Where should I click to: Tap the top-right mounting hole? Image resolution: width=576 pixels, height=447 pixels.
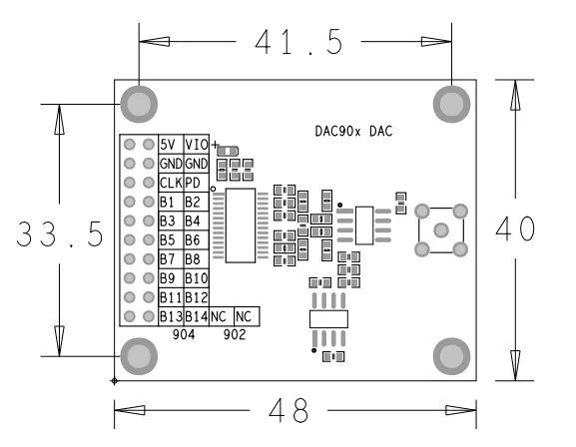[x=451, y=103]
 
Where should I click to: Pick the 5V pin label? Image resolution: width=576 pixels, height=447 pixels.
[x=169, y=145]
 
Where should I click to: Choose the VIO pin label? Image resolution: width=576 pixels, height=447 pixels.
[x=196, y=145]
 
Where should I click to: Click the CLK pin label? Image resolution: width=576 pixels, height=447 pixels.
[x=170, y=183]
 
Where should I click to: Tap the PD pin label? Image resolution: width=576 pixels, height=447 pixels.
[x=193, y=183]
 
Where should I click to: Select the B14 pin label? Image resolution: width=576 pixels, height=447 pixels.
[x=196, y=316]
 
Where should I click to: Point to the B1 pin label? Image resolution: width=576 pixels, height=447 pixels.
[x=168, y=202]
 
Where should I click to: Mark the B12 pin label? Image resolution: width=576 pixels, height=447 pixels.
[x=196, y=297]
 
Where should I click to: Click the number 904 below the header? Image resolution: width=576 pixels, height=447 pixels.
[x=183, y=334]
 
